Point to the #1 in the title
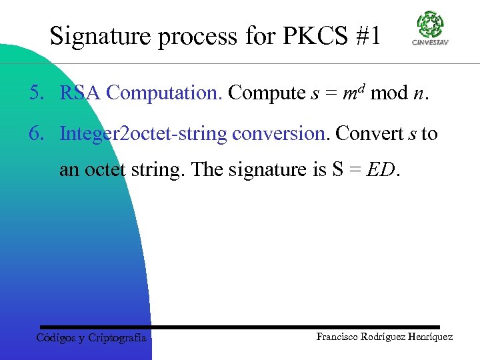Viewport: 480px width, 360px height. [x=366, y=36]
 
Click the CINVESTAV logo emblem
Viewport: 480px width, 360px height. [x=430, y=25]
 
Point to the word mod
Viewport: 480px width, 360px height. [x=389, y=93]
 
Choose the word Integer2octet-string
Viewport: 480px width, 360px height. [x=143, y=134]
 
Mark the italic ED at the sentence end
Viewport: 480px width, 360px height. [x=381, y=169]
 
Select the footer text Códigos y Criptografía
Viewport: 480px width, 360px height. [x=91, y=338]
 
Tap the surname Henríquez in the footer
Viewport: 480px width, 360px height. [x=427, y=337]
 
